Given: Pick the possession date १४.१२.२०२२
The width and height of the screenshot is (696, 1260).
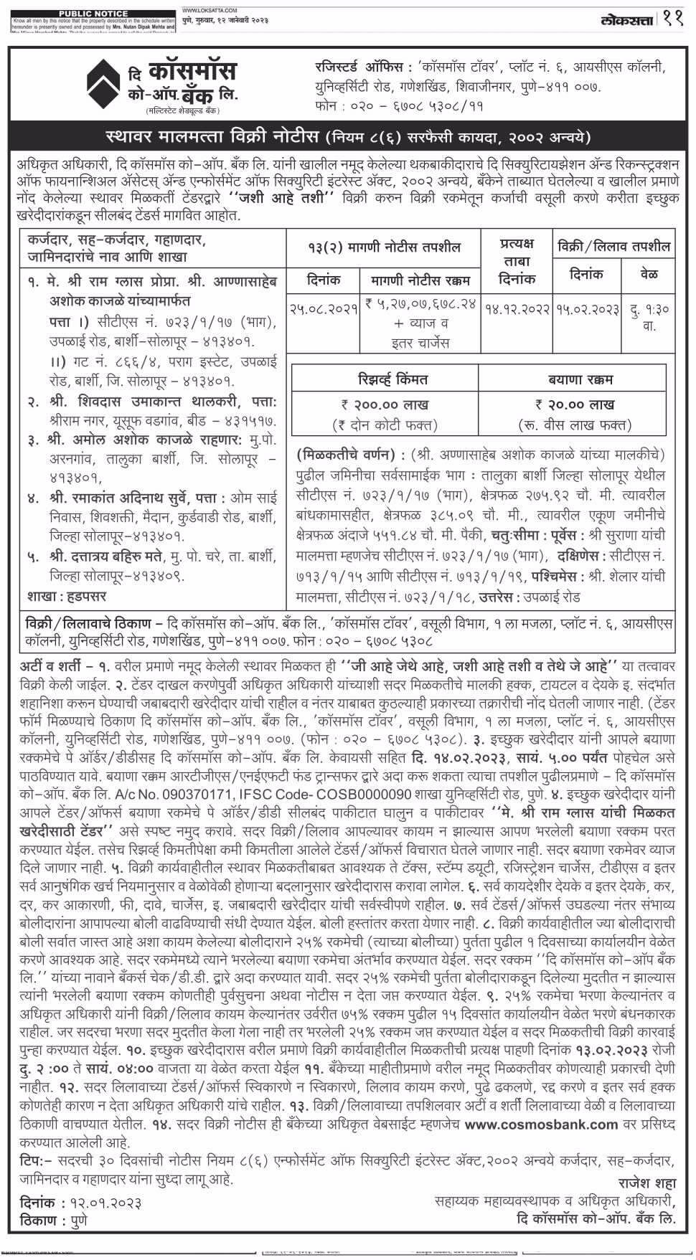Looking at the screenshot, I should pyautogui.click(x=517, y=308).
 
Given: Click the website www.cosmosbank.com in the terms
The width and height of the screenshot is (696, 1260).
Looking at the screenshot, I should pyautogui.click(x=541, y=1124).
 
